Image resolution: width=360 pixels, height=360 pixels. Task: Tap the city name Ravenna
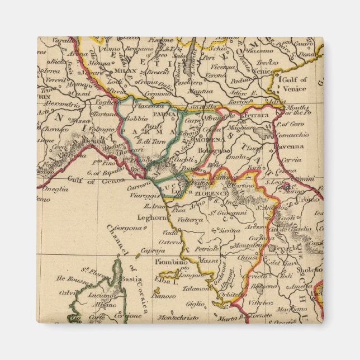coord(288,147)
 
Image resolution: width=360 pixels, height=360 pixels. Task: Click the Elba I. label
coord(167,283)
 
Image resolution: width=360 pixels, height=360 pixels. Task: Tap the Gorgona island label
coord(117,229)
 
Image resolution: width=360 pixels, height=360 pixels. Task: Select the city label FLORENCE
coord(211,193)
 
